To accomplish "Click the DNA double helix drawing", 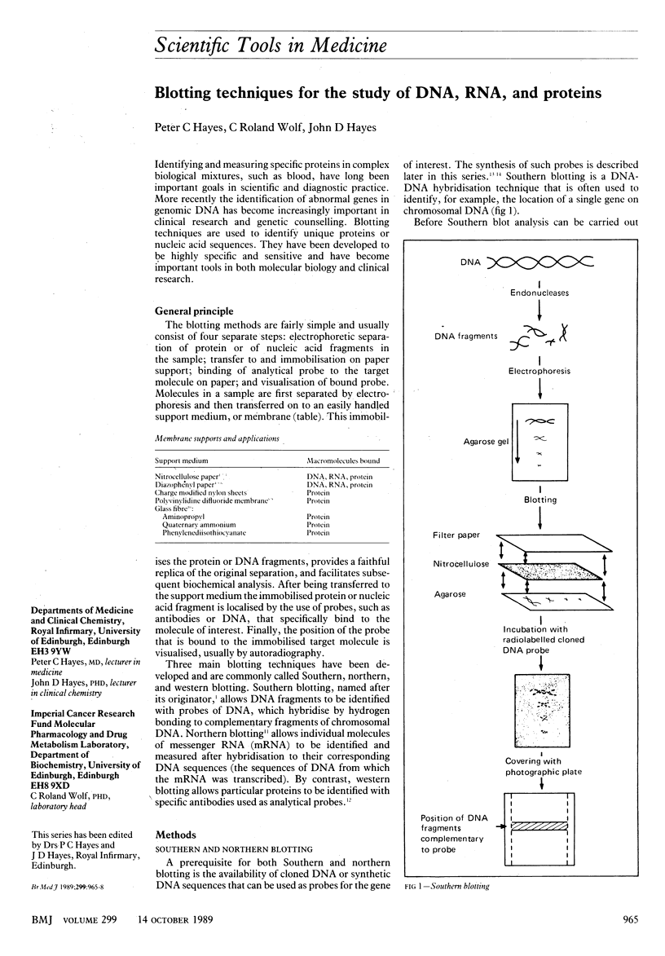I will [542, 262].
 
